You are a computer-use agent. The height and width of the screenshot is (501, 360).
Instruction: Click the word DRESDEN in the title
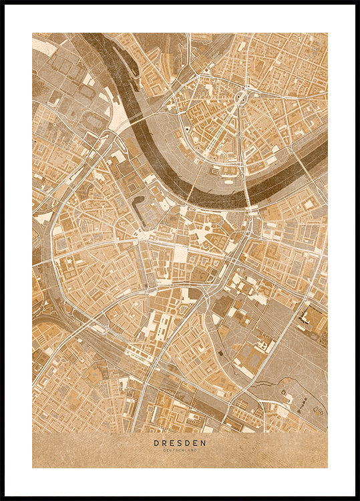coord(180,442)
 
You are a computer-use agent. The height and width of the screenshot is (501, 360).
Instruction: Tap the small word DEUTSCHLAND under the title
coord(180,450)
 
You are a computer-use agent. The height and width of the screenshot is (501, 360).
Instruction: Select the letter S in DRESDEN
coord(180,442)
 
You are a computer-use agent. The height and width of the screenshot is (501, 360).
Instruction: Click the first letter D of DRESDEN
coord(156,442)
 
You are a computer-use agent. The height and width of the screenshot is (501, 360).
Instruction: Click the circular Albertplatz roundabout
coord(240,99)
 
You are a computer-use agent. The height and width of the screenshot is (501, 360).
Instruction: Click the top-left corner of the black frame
coord(2,2)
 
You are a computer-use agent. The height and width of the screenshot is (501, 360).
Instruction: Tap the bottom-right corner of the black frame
coord(357,498)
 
